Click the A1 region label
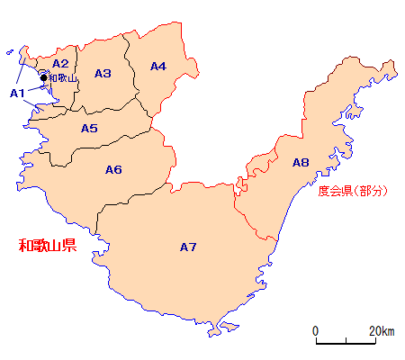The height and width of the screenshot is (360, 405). coord(17,93)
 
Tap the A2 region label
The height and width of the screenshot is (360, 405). coord(60,63)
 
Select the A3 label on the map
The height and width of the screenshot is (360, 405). coord(103,73)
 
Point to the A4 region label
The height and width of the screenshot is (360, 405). coord(158,66)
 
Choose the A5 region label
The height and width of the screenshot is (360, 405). coord(89,129)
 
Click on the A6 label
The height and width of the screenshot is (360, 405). coord(113,169)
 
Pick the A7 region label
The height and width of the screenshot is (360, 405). coord(188,247)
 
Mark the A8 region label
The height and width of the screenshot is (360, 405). coord(301,163)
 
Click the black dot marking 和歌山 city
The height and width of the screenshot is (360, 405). coord(43,78)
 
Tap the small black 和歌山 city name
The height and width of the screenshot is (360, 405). coord(63,79)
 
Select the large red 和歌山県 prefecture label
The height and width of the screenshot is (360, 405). coord(49,245)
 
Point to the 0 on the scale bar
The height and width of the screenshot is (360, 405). coord(315,330)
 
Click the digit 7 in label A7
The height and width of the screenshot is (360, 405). coord(193,247)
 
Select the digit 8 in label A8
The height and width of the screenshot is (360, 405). coord(305,163)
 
